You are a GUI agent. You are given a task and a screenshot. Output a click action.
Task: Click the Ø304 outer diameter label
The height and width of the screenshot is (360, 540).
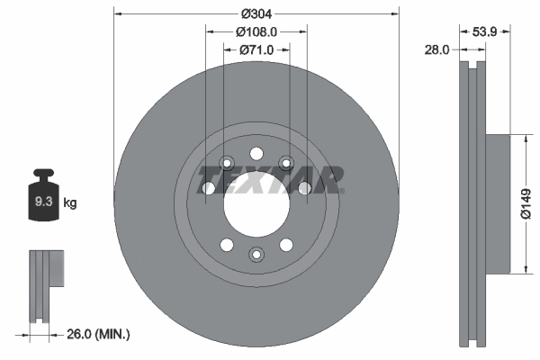pos(256,13)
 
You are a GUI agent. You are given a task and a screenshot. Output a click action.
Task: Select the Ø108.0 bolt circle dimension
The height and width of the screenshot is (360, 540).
pos(256,31)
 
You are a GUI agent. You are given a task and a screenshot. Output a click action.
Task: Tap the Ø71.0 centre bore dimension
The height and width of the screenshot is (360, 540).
pos(256,49)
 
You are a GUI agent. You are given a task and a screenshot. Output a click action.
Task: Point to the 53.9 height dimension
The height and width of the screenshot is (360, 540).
pos(486,31)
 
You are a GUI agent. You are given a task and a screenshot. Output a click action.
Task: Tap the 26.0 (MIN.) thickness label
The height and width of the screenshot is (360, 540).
pos(99,335)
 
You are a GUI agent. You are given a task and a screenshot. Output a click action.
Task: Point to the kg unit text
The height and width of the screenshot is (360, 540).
pos(69,203)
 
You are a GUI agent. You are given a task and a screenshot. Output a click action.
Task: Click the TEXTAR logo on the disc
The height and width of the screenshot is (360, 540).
pos(269,178)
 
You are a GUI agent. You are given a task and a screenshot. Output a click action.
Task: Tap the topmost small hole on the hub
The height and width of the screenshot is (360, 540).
pos(256,152)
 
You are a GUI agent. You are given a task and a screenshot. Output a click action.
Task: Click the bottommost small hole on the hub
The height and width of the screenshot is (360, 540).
pos(256,255)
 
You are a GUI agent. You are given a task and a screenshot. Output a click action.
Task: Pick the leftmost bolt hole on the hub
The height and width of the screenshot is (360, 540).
pos(209,188)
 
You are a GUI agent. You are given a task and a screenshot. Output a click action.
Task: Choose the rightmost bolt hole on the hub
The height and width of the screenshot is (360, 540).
pos(303,188)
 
